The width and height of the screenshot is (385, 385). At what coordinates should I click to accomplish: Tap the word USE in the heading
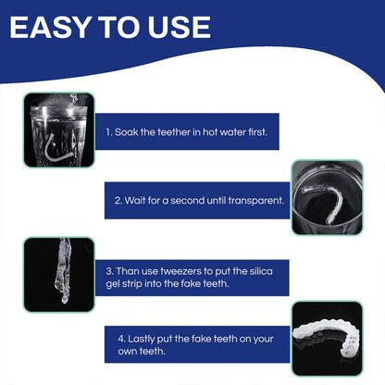point(180,27)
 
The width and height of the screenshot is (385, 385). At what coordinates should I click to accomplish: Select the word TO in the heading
point(119,27)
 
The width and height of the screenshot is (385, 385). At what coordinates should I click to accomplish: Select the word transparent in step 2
point(255,201)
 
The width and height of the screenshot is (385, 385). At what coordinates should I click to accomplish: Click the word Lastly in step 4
point(141,339)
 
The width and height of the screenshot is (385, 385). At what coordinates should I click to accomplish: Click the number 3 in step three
point(109,271)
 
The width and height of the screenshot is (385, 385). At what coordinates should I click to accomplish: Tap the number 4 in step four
point(121,339)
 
